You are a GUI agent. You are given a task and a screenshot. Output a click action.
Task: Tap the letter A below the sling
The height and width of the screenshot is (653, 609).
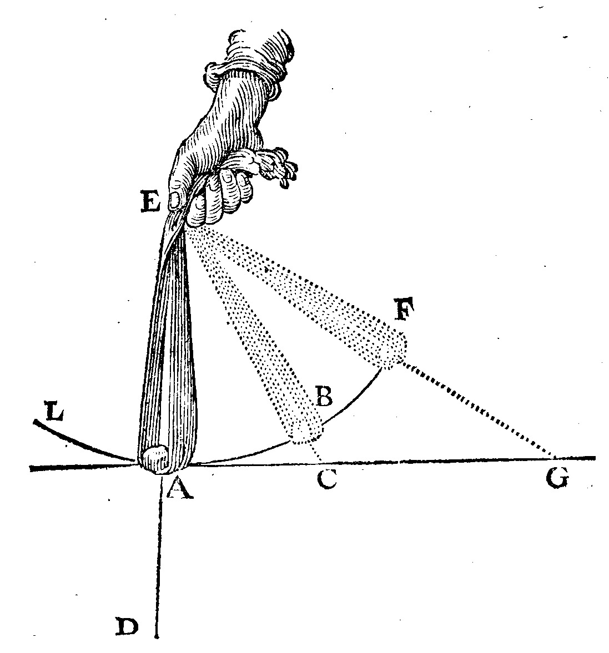click(180, 487)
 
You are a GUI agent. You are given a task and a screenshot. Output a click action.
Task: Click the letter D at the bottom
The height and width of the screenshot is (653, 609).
click(127, 627)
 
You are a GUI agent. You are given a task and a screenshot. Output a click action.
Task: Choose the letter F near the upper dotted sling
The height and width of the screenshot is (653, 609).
click(404, 308)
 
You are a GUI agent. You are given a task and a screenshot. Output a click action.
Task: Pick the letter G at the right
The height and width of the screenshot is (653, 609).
click(557, 478)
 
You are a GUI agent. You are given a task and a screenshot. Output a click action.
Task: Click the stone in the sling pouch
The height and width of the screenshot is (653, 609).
click(155, 459)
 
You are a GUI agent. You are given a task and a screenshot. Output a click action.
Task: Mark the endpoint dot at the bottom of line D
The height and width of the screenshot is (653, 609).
click(157, 637)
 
